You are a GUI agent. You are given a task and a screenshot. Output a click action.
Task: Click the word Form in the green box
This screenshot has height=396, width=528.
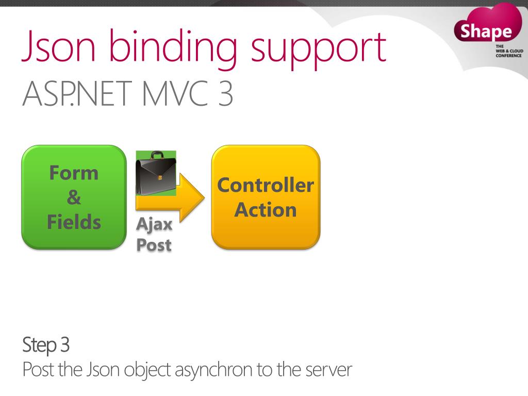(74, 173)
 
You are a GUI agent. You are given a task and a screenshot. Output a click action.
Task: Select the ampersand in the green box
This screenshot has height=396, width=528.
(74, 197)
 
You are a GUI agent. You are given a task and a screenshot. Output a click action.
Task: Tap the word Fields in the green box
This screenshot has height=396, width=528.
(74, 222)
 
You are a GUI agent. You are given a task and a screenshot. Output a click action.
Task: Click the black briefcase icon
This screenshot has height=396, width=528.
(155, 175)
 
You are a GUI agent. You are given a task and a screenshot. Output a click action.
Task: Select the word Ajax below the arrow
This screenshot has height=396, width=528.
(154, 225)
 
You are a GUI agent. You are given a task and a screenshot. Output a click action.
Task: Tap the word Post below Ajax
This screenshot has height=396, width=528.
(154, 245)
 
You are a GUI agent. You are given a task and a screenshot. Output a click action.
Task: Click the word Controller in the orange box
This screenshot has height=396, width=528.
(266, 185)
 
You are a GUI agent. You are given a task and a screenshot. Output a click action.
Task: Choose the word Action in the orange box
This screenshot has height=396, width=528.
(266, 210)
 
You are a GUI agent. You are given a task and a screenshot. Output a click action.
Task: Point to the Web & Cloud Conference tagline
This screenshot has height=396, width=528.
(508, 51)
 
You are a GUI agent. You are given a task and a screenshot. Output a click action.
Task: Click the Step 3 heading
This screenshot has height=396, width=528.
(46, 345)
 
